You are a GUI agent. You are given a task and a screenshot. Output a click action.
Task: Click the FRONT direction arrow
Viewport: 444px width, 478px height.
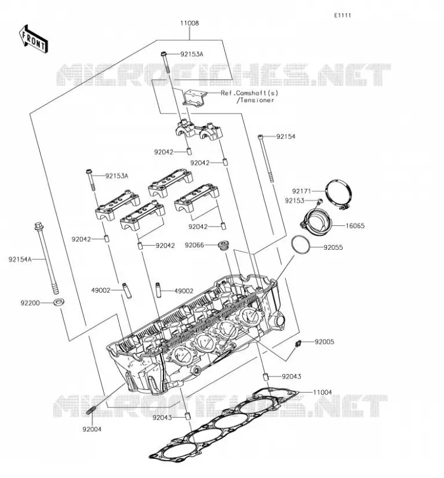33,39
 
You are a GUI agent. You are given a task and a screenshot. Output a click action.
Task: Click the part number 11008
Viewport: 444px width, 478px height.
189,23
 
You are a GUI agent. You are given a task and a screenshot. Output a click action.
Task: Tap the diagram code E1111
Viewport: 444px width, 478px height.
343,16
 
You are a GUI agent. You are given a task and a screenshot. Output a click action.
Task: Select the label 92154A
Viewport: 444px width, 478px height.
20,259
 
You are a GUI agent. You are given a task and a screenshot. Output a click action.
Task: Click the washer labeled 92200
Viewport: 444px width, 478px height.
58,302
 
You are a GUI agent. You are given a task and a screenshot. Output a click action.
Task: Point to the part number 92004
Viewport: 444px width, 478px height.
92,429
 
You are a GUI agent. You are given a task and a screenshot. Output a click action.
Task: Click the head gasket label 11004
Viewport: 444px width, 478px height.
322,393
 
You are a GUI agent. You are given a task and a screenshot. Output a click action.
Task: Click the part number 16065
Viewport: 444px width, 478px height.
355,226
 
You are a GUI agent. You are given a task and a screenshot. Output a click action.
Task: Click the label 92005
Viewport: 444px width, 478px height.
324,342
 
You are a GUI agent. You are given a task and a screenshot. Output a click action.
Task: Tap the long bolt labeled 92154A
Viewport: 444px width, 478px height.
47,258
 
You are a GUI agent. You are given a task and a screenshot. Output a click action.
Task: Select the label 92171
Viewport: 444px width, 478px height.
301,191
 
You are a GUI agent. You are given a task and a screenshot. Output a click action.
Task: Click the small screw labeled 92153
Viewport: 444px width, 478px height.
319,201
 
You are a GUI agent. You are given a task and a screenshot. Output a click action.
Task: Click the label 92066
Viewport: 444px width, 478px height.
195,245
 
